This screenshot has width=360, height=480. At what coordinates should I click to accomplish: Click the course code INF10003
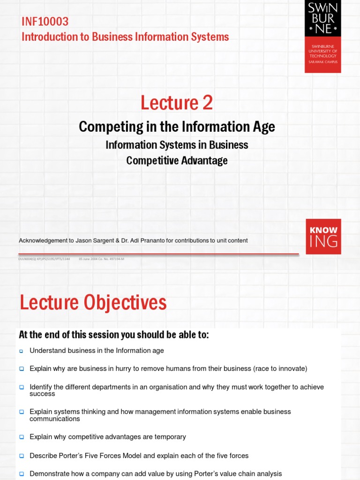(45, 21)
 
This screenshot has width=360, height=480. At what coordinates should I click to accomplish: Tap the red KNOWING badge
(323, 236)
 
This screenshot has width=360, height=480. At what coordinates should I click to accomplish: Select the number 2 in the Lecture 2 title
(207, 102)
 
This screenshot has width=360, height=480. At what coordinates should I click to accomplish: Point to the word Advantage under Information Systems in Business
(205, 160)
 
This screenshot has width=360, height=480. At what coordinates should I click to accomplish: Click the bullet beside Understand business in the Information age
(22, 351)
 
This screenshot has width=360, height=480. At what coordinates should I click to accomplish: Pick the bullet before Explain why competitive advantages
(22, 437)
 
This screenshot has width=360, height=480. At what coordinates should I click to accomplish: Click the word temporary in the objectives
(171, 437)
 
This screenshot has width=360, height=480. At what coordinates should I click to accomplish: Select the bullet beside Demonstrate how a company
(22, 474)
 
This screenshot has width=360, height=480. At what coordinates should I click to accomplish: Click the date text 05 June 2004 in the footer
(90, 259)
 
